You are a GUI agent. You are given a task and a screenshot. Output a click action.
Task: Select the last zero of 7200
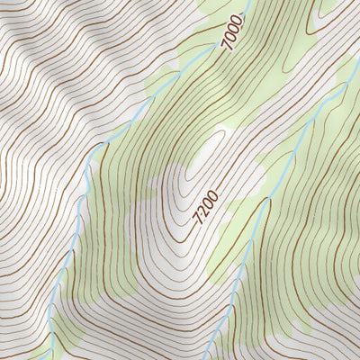point(211,195)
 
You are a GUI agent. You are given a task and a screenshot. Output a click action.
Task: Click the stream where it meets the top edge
point(249,3)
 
